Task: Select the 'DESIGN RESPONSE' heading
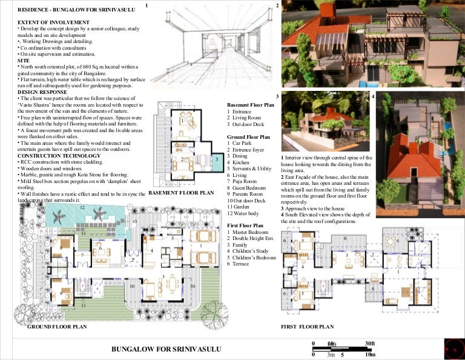click(39, 92)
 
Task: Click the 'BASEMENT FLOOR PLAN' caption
click(181, 193)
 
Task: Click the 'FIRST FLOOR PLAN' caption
click(308, 326)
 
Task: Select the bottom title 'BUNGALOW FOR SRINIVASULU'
click(167, 350)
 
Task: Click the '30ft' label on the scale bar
click(369, 344)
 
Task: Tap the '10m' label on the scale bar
click(370, 354)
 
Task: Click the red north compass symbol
click(453, 349)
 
